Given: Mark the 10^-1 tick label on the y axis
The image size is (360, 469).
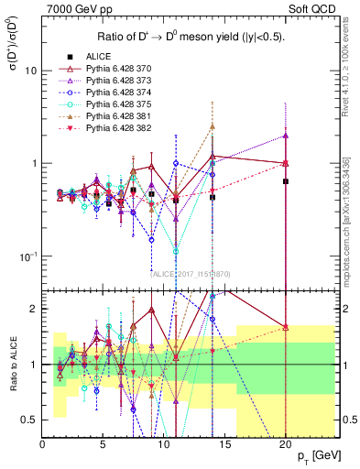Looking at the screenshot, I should click(x=28, y=255).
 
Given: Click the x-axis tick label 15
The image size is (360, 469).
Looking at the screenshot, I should click(x=223, y=442).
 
